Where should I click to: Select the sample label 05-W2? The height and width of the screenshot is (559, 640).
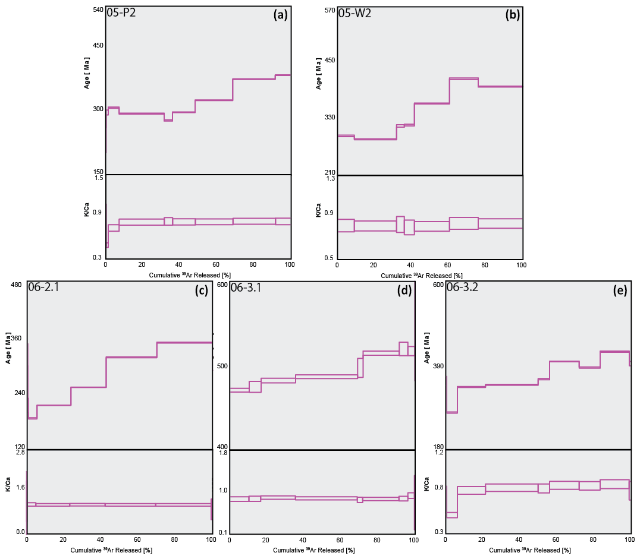(354, 14)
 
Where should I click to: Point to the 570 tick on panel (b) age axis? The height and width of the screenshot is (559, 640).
(328, 10)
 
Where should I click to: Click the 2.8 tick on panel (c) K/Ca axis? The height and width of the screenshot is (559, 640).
(20, 453)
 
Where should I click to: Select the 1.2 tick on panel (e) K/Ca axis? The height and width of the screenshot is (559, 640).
(439, 453)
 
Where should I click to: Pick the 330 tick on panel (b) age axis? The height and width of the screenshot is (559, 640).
(328, 117)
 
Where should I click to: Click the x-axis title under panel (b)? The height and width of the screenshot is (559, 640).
(421, 275)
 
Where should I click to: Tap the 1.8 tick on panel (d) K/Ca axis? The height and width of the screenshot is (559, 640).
(223, 453)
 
